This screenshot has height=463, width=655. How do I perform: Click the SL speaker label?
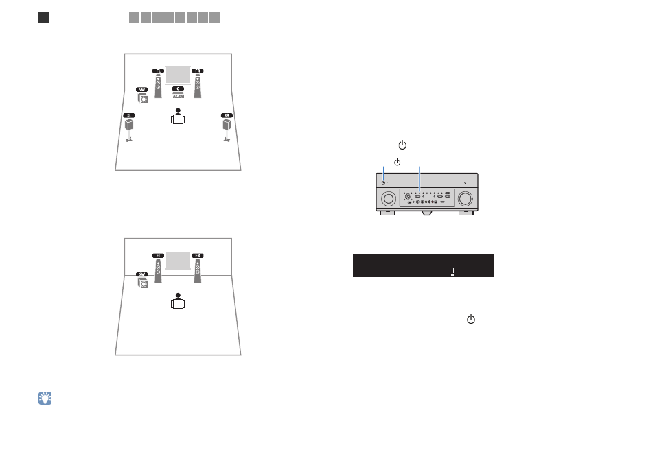point(129,116)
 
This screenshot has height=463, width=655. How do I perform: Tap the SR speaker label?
point(227,116)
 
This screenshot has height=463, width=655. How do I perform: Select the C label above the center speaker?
point(178,89)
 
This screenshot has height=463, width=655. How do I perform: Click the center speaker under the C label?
point(179,95)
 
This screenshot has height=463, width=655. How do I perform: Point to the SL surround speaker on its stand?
point(129,130)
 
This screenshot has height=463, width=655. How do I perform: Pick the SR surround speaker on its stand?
point(227,130)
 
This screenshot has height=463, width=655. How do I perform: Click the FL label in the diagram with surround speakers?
point(158,71)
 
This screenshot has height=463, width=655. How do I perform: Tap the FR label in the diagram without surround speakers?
point(198,255)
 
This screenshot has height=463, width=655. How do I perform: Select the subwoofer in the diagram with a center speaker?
point(143,98)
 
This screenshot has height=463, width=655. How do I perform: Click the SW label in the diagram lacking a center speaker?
point(142,274)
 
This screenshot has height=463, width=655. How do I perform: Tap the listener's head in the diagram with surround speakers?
point(178,110)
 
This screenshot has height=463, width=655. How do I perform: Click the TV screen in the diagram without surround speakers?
point(178,260)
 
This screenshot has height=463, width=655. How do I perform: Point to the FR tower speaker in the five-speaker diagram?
point(198,86)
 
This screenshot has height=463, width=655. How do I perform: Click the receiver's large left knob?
point(389,198)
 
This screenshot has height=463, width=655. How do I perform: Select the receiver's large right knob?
point(465,198)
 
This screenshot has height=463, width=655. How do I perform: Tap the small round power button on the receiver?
point(384,183)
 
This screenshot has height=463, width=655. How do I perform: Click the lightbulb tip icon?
point(45,399)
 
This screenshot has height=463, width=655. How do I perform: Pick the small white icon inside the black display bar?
point(452,272)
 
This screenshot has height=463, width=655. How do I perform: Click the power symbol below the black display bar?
point(471,320)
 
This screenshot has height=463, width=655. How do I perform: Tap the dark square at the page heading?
point(43,18)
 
